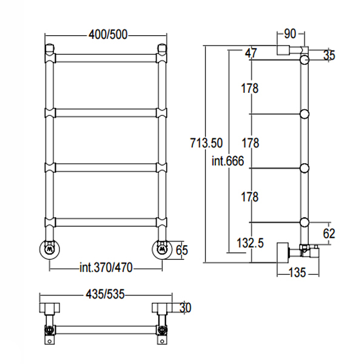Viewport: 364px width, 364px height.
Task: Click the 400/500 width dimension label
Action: pos(108,35)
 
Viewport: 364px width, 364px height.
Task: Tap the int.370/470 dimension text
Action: pos(106,268)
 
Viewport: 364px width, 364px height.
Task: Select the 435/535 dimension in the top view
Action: pos(105,294)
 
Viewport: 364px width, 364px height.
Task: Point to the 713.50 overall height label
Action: pos(206,143)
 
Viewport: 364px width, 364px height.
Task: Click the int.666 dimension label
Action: pos(227,161)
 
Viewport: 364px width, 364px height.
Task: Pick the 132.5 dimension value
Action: pos(250,243)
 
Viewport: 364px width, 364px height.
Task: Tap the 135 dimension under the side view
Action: pos(297,272)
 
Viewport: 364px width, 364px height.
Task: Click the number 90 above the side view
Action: pos(290,33)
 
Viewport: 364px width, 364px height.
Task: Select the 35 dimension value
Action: pos(329,55)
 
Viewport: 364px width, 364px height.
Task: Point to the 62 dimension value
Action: pos(329,234)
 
